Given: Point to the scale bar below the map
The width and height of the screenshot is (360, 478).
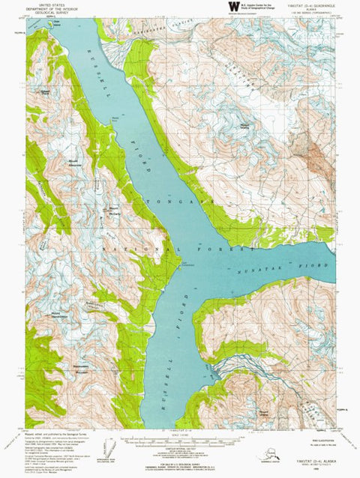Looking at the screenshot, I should [x=180, y=443].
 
